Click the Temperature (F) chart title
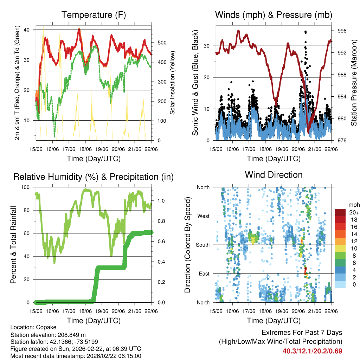coord(94,15)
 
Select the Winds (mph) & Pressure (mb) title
coord(274,15)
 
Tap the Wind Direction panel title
coord(274,175)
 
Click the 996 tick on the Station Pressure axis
coord(342,31)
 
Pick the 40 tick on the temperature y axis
coord(31,30)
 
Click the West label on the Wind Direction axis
coord(203,216)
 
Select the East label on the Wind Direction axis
coord(204,274)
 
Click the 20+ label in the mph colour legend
coord(353,212)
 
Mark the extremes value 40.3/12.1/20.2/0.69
coord(312,351)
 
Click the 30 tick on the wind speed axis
coord(210,46)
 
